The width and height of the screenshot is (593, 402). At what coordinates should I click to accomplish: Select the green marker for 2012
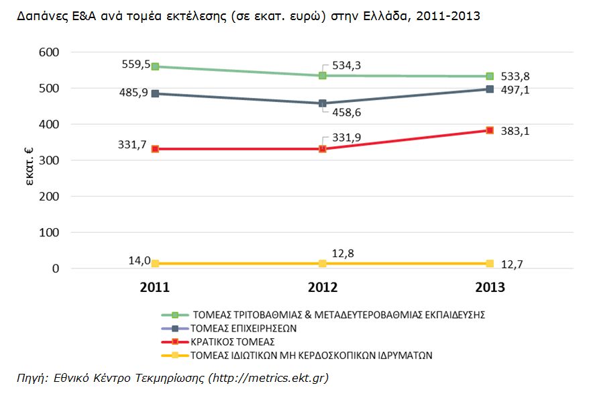tap(323, 76)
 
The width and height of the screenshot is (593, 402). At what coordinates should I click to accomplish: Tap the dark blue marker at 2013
tap(490, 89)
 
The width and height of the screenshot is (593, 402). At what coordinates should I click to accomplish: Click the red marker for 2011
tap(155, 149)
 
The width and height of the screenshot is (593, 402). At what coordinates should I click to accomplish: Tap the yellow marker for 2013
tap(490, 264)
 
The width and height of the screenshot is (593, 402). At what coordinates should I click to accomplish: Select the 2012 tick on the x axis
tap(322, 288)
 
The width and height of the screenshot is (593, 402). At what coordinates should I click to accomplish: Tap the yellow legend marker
tap(174, 354)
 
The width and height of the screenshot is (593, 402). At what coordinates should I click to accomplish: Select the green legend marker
tap(174, 314)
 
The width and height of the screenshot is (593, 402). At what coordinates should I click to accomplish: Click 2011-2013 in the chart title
tap(448, 17)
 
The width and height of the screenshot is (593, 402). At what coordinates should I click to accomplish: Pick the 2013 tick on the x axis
tap(490, 288)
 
